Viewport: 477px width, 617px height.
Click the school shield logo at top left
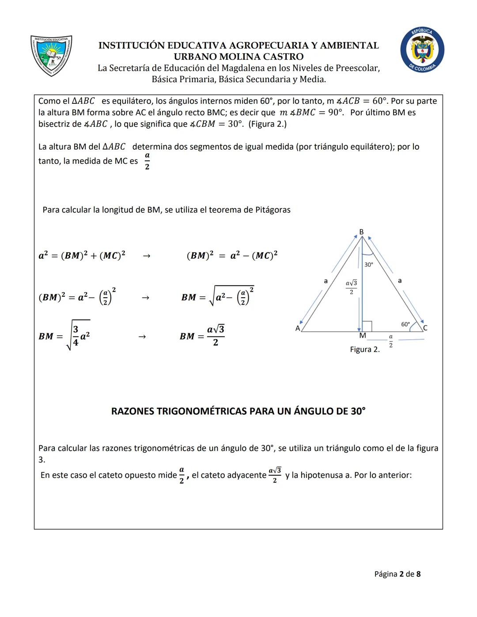[51, 55]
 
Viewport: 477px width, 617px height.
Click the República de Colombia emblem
[422, 49]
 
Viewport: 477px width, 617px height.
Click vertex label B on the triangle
[361, 232]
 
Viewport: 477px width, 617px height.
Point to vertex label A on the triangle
[298, 328]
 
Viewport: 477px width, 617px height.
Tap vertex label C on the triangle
[425, 328]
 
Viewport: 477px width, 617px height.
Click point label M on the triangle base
[363, 336]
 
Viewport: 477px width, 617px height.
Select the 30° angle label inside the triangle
[369, 265]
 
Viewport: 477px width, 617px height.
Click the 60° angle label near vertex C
[405, 324]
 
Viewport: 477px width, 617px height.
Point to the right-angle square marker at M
[367, 326]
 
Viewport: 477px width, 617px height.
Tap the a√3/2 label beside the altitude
[351, 287]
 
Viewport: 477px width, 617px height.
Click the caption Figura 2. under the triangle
[365, 349]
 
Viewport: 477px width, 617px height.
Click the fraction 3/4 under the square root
[76, 336]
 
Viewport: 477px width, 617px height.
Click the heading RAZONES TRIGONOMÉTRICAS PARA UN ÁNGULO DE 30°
[238, 411]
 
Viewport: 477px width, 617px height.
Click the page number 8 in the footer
[418, 574]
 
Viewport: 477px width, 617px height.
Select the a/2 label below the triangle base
[391, 341]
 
